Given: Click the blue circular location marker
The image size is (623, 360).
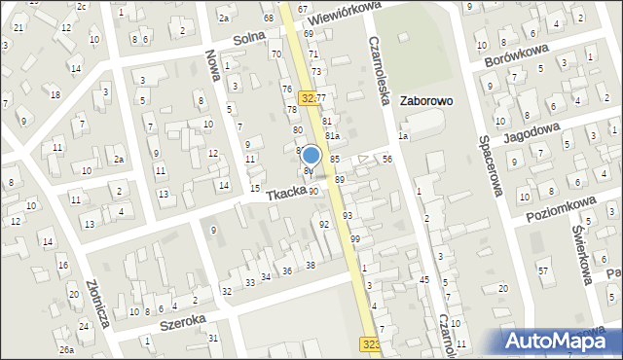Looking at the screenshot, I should click(311, 155).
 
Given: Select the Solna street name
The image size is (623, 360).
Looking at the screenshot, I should click(249, 39).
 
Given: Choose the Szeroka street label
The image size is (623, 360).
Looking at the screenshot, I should click(182, 320).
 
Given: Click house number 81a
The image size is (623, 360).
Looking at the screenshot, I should click(332, 135).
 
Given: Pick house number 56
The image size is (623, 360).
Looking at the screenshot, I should click(387, 159).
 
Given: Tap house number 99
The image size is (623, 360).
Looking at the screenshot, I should click(355, 238).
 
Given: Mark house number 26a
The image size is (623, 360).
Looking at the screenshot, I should click(66, 349).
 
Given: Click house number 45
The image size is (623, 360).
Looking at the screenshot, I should click(424, 279).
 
